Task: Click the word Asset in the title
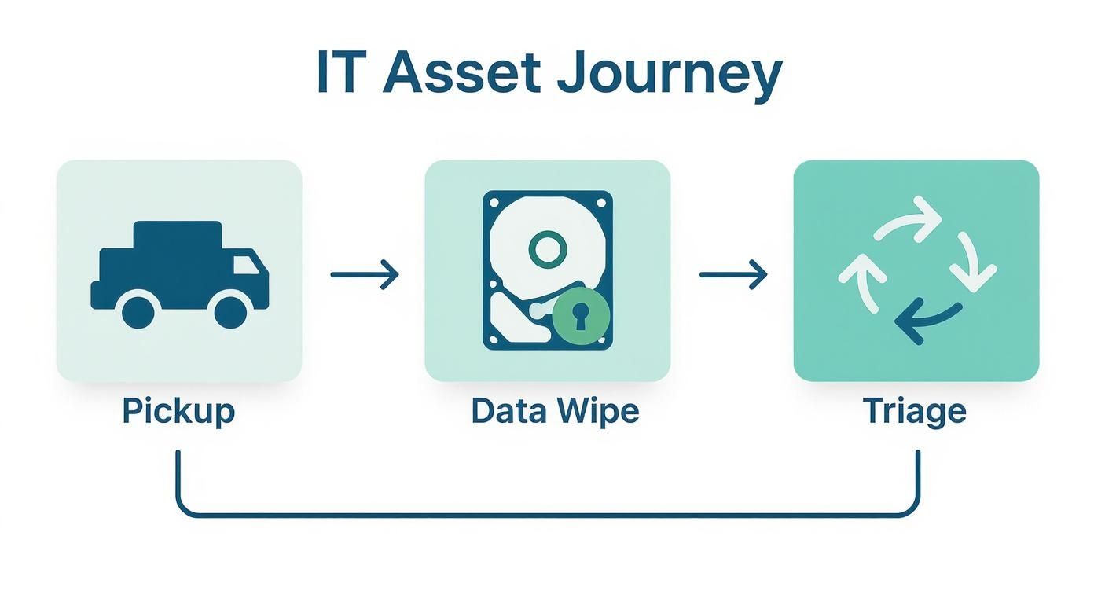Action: (461, 72)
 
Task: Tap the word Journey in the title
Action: (669, 76)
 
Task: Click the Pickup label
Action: (178, 412)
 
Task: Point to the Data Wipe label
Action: (556, 412)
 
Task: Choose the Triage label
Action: (915, 412)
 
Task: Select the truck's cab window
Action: (247, 264)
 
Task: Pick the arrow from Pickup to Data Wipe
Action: (365, 274)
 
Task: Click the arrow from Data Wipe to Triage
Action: (733, 274)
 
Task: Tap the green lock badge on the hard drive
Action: (581, 315)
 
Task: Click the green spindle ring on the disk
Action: (548, 249)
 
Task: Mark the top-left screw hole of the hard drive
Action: (494, 202)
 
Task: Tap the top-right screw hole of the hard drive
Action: (602, 202)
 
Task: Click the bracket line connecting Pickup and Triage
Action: (548, 514)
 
